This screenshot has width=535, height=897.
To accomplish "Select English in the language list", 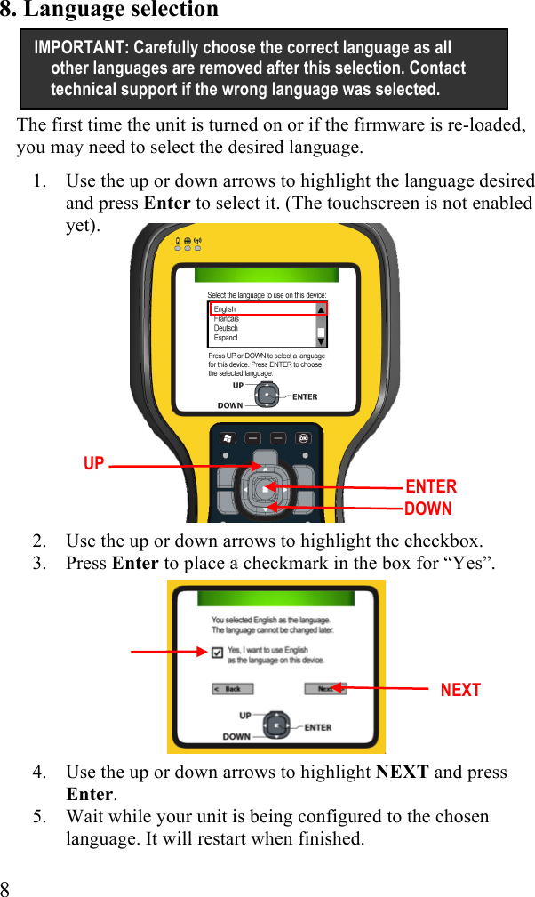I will click(x=225, y=309).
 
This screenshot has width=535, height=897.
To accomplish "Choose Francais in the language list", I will click(x=227, y=318).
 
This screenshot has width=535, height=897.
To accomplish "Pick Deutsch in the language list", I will click(x=226, y=328).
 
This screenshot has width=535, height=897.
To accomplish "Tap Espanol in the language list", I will click(x=226, y=338).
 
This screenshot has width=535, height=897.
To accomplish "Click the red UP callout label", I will click(x=93, y=464).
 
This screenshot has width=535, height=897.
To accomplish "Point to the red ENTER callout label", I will click(x=431, y=486).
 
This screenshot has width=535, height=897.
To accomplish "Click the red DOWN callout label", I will click(x=428, y=509).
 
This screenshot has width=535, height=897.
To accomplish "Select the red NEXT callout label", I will click(x=460, y=690).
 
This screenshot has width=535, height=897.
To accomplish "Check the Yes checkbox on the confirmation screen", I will click(x=217, y=653).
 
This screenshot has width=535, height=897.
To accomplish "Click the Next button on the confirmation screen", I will click(x=325, y=689).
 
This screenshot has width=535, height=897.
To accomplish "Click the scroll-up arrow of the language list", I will click(x=321, y=310).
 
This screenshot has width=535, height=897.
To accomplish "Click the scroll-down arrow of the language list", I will click(x=321, y=340).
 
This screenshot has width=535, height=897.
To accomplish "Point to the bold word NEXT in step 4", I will click(x=403, y=772).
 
